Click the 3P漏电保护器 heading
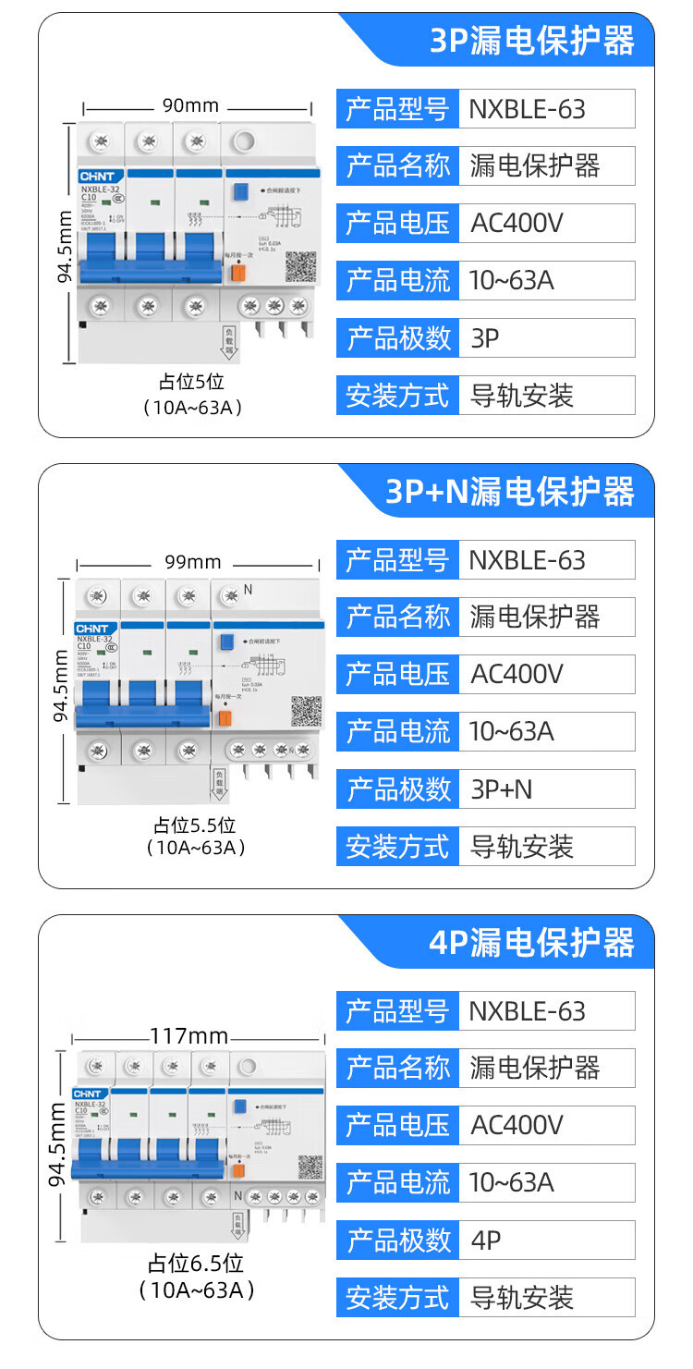(532, 41)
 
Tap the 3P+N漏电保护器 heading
(510, 492)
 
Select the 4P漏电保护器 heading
(532, 943)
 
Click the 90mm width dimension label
(190, 105)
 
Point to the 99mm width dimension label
(193, 562)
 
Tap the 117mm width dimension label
(188, 1036)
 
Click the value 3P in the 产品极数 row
(485, 338)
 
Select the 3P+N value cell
(502, 789)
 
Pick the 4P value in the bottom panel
(485, 1241)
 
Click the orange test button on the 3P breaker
(237, 271)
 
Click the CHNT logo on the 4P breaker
(88, 1094)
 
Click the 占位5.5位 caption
(195, 825)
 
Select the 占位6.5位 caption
(196, 1264)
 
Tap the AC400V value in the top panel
(517, 224)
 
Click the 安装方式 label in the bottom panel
(397, 1298)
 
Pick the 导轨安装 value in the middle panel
(522, 847)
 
